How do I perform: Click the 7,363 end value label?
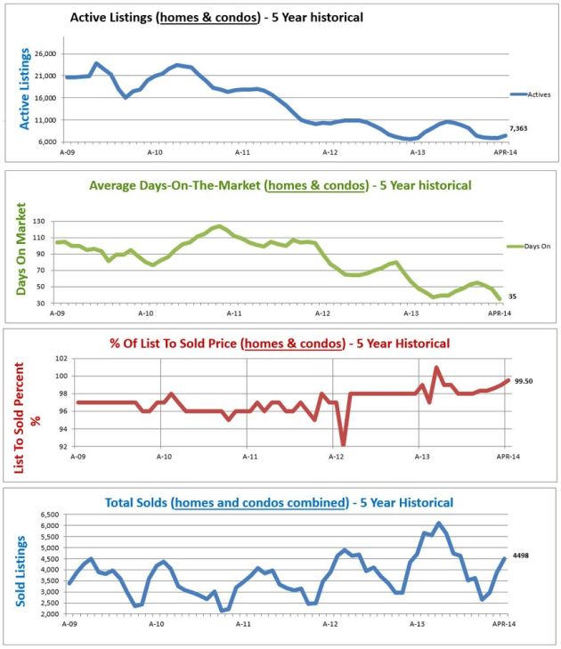(x=520, y=128)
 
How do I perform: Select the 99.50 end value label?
(x=523, y=380)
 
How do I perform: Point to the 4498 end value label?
(x=521, y=558)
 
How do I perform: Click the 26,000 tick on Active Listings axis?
(x=45, y=54)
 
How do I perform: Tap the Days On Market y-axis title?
(x=22, y=252)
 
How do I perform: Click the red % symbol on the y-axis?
(x=36, y=419)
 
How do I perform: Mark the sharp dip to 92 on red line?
(x=343, y=444)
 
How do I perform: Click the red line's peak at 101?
(x=436, y=367)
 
